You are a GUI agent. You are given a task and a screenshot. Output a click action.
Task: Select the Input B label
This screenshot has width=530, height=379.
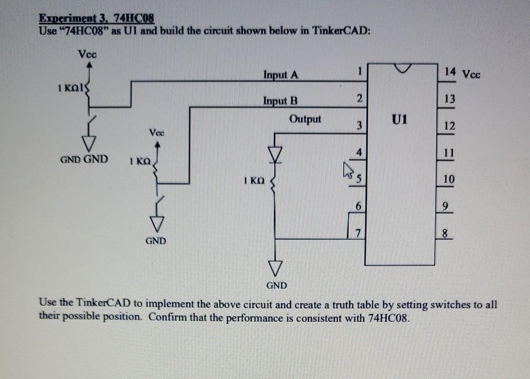[x=280, y=100]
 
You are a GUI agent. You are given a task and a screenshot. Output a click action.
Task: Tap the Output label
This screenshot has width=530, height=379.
[x=305, y=118]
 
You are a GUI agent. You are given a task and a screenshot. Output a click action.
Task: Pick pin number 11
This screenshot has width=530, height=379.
[x=447, y=154]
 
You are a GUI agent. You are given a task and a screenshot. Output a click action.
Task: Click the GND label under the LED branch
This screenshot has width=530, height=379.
[x=277, y=286]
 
